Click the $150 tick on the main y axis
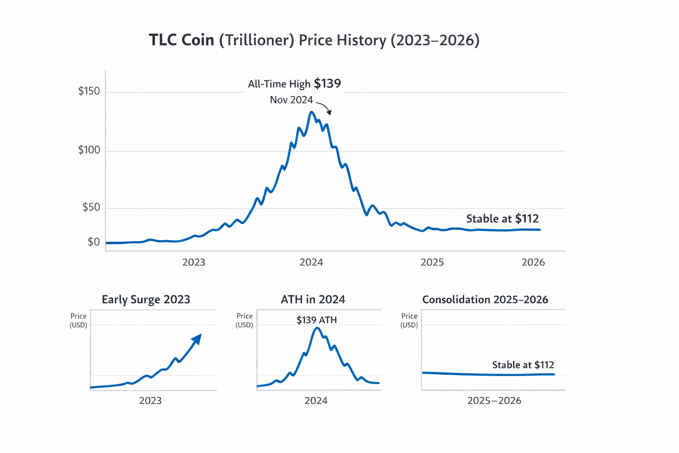pyautogui.click(x=89, y=91)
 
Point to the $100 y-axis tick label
pyautogui.click(x=89, y=150)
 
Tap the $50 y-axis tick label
pyautogui.click(x=91, y=207)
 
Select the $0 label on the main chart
pyautogui.click(x=94, y=242)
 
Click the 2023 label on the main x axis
pyautogui.click(x=194, y=262)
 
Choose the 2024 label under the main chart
pyautogui.click(x=311, y=262)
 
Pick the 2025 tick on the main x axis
pyautogui.click(x=432, y=262)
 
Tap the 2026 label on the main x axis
pyautogui.click(x=533, y=262)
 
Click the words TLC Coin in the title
pyautogui.click(x=181, y=40)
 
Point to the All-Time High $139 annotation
pyautogui.click(x=294, y=84)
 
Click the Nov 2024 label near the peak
pyautogui.click(x=291, y=100)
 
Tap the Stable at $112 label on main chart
pyautogui.click(x=502, y=219)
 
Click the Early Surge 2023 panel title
pyautogui.click(x=146, y=299)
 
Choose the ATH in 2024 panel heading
pyautogui.click(x=313, y=299)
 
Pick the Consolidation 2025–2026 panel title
pyautogui.click(x=485, y=299)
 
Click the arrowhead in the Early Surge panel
pyautogui.click(x=197, y=338)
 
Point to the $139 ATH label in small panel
pyautogui.click(x=317, y=320)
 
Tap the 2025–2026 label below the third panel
pyautogui.click(x=494, y=401)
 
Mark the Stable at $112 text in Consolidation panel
pyautogui.click(x=523, y=365)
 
